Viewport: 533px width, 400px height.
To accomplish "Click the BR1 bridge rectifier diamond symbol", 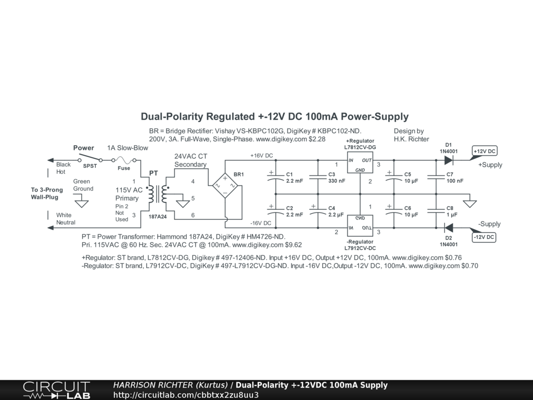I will (225, 186).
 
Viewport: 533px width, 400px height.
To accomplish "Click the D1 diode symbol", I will (449, 160).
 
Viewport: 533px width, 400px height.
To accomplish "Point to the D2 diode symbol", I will (449, 228).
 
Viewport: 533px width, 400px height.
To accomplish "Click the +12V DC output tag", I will (484, 152).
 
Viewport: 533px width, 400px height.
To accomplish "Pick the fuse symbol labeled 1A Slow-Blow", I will (123, 160).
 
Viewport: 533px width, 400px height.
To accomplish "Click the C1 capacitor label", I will (289, 174).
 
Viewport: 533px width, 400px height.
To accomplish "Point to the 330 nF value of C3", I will (337, 181).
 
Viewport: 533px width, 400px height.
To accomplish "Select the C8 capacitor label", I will (450, 208).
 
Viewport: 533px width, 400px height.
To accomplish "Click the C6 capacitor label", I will (408, 208).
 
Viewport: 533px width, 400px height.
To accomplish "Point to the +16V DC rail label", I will (261, 156).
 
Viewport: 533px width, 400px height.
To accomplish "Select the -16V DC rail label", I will (261, 223).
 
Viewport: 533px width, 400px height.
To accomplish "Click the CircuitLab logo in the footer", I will (56, 390).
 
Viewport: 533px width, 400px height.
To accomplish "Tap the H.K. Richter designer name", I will (411, 139).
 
